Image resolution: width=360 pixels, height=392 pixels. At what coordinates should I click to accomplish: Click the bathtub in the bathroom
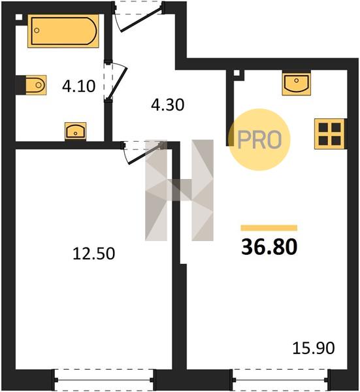(x=63, y=31)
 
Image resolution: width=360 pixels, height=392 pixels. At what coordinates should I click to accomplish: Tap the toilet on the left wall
(x=31, y=85)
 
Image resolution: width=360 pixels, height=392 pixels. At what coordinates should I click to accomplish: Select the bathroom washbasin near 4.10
(x=75, y=131)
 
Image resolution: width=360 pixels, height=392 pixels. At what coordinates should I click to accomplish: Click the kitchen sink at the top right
(x=296, y=84)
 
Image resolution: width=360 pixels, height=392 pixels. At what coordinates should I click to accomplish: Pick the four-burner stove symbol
(x=329, y=134)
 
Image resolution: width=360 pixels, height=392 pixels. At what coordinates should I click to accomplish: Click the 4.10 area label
(x=79, y=86)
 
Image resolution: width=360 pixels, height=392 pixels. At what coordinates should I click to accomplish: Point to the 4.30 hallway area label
(x=168, y=105)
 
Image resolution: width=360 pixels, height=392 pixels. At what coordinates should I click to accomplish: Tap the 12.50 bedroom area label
(x=93, y=253)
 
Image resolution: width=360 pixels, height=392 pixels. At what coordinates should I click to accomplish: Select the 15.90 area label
(x=314, y=348)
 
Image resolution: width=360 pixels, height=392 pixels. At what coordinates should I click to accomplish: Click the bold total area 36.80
(x=269, y=247)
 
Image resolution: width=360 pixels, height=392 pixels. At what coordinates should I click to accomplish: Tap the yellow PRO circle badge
(x=260, y=140)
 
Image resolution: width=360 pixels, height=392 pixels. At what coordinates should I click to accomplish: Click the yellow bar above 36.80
(x=269, y=228)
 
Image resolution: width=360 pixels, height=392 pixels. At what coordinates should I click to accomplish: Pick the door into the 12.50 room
(x=143, y=153)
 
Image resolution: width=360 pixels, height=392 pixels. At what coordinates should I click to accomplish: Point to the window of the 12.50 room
(x=104, y=380)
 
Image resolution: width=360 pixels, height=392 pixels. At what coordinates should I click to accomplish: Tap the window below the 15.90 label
(x=281, y=380)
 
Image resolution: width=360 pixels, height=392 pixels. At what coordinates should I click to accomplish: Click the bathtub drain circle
(x=37, y=31)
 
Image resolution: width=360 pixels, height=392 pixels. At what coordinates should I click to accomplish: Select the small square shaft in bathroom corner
(x=19, y=18)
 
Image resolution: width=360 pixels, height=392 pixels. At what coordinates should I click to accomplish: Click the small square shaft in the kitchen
(x=237, y=73)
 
